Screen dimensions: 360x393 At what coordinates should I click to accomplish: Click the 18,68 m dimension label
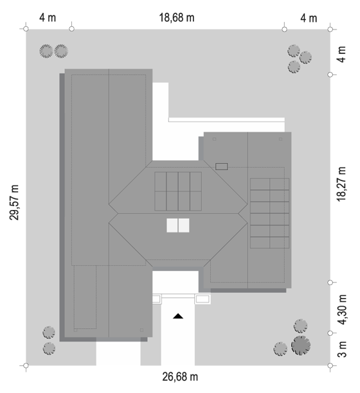[177, 18]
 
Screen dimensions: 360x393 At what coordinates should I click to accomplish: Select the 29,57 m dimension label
[14, 202]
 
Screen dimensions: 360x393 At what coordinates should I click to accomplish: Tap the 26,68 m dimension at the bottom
[180, 377]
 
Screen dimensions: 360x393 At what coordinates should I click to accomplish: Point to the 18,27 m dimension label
[341, 184]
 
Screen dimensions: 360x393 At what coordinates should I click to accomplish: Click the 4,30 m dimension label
[342, 310]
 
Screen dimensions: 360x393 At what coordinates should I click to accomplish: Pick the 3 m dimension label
[342, 349]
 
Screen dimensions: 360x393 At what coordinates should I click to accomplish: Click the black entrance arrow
[178, 316]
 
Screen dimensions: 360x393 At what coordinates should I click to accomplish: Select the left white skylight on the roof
[172, 225]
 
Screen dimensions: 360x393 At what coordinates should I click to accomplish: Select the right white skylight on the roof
[184, 225]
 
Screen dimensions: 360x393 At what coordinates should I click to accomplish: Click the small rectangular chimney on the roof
[222, 166]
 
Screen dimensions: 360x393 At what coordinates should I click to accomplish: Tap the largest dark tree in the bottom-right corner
[301, 345]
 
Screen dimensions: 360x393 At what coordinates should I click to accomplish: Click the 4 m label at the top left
[48, 18]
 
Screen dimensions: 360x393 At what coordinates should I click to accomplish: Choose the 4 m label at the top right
[309, 18]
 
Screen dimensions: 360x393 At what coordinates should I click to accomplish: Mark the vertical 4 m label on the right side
[341, 54]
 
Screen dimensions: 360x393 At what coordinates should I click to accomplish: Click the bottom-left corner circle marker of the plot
[26, 365]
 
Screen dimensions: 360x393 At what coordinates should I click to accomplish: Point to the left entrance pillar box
[157, 299]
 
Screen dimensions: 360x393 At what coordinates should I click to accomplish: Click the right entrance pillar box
[203, 299]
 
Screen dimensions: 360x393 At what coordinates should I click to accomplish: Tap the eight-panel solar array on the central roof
[178, 191]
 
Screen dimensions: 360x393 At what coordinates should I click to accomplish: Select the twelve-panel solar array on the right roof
[269, 213]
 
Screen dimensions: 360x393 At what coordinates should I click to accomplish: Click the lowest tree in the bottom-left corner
[49, 349]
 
